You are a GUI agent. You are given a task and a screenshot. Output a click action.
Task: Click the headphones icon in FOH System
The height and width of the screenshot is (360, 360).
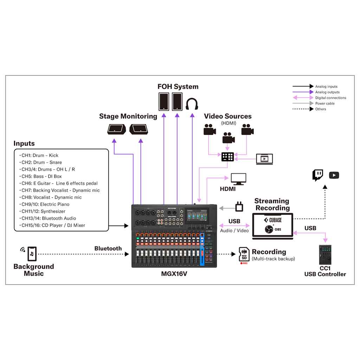192,104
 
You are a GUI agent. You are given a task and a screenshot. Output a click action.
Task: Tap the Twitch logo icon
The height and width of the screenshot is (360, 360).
318,175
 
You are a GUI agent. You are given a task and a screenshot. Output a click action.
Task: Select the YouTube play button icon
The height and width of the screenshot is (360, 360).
334,175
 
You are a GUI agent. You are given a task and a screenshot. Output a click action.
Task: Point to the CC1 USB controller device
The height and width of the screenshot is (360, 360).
325,255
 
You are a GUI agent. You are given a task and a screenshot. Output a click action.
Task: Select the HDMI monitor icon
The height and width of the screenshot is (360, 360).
238,179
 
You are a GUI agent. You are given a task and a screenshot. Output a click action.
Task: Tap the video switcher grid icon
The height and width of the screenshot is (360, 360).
227,157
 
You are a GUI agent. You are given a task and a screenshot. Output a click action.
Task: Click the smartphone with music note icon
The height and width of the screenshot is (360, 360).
32,253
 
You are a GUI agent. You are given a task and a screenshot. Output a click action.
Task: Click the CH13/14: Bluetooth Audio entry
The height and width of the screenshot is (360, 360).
49,218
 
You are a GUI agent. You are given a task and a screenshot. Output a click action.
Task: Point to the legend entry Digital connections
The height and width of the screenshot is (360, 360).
330,98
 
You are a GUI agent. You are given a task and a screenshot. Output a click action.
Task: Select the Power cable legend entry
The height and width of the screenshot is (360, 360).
325,103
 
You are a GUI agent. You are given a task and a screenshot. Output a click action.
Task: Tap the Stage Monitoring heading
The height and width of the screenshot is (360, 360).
128,116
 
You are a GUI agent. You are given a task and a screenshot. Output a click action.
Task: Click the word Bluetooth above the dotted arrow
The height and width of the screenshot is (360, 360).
108,249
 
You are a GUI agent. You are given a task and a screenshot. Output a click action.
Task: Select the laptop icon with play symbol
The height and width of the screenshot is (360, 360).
264,159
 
